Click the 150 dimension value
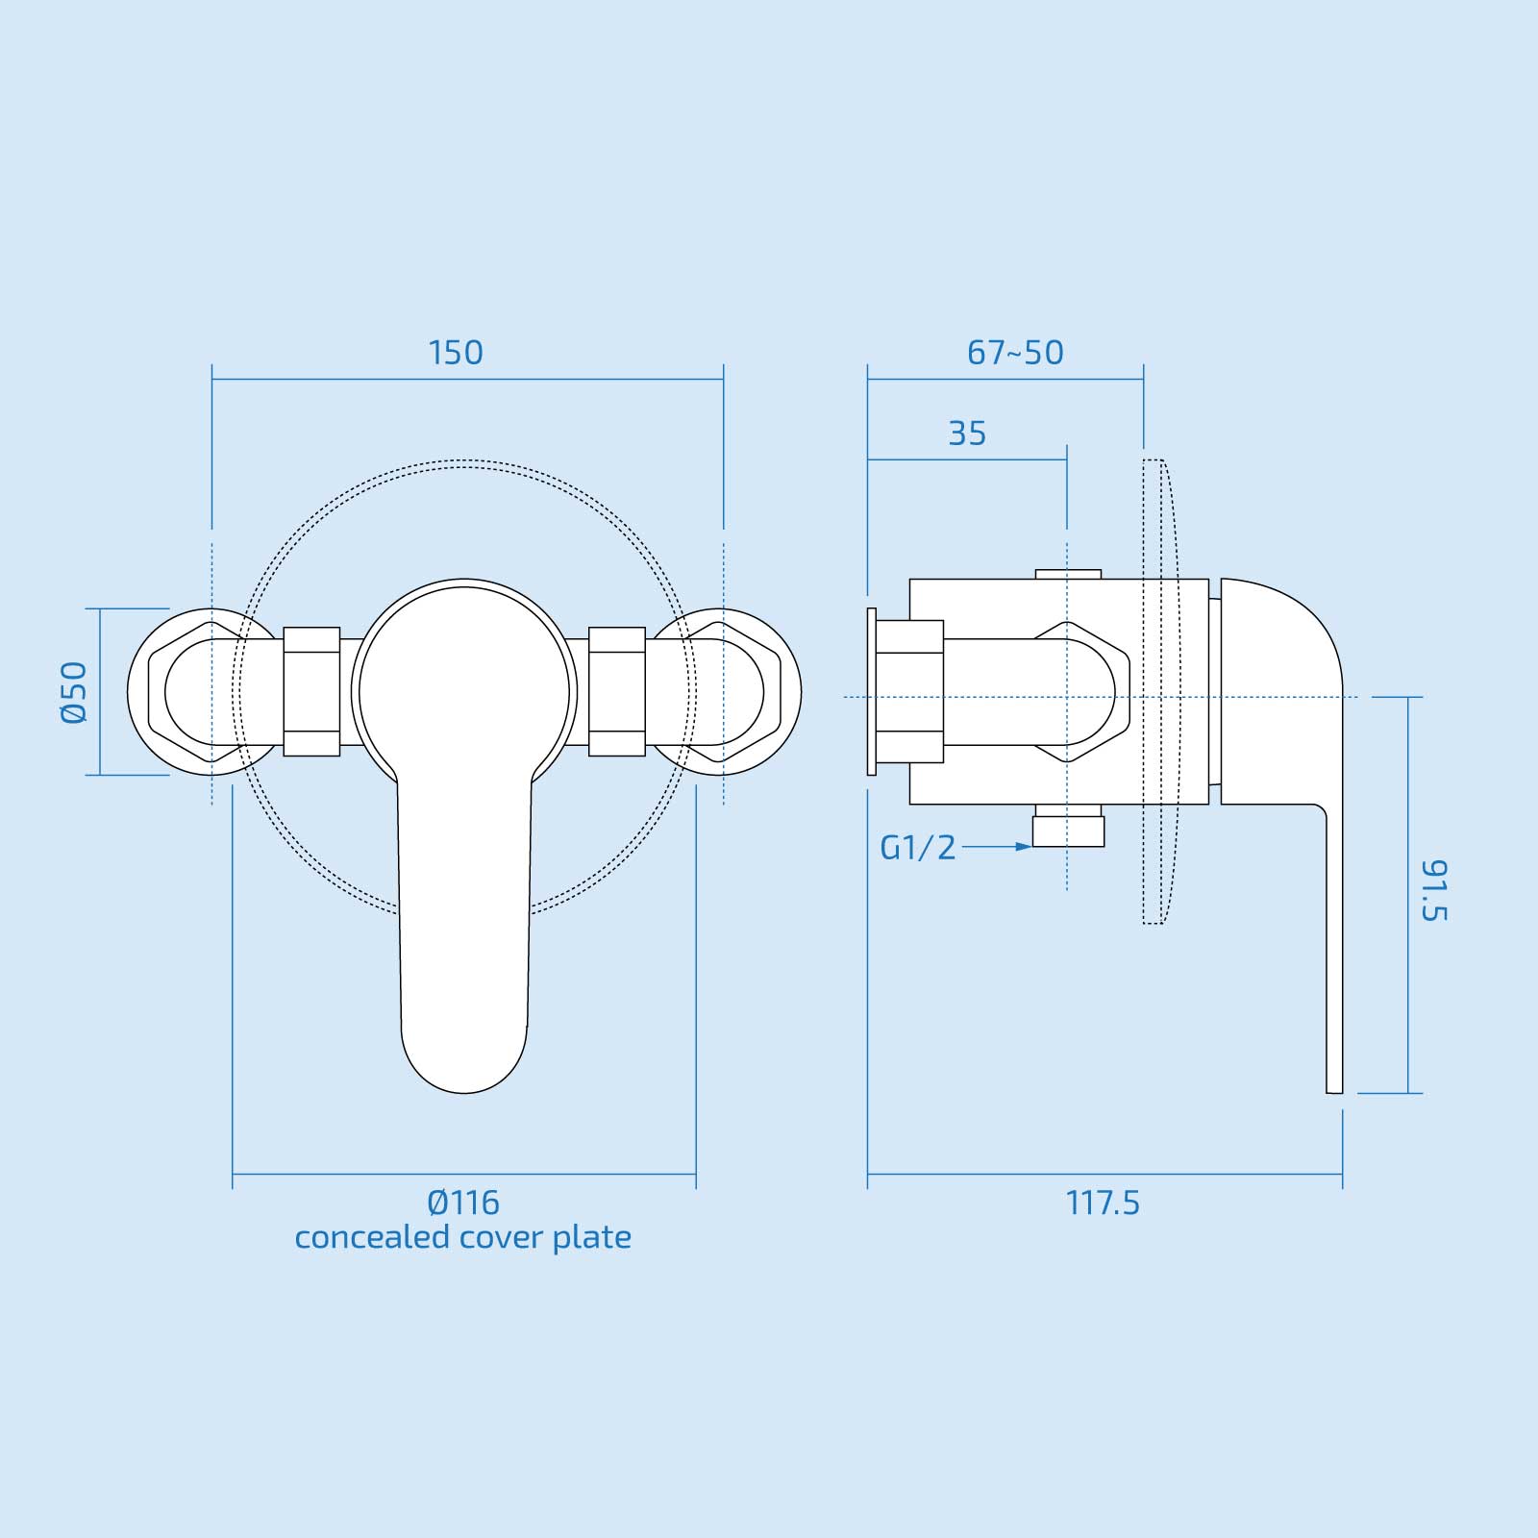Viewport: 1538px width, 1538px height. click(456, 353)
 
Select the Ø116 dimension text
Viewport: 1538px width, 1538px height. click(463, 1203)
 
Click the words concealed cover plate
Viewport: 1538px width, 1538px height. click(463, 1237)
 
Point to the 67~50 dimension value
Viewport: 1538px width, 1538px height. click(1015, 353)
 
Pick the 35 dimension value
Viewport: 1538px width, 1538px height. click(967, 434)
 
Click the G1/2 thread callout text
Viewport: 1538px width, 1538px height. click(918, 848)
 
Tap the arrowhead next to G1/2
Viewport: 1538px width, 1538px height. click(1025, 847)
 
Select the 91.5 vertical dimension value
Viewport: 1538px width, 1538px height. click(1433, 891)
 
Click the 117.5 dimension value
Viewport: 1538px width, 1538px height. click(1103, 1203)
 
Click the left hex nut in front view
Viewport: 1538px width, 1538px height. click(311, 692)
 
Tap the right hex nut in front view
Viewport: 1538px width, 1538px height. click(616, 692)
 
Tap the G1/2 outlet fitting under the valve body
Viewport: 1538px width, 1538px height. click(1068, 831)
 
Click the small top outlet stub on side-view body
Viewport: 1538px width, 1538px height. click(1068, 574)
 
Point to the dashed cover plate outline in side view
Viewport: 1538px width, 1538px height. click(1157, 692)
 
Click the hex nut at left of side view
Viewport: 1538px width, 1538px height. click(911, 692)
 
